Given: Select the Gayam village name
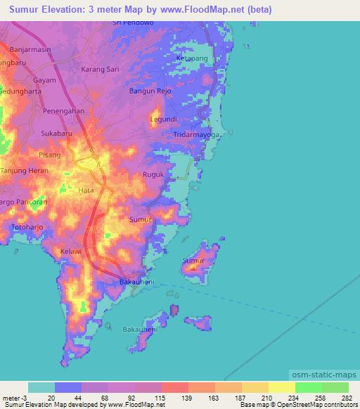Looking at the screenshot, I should [44, 80].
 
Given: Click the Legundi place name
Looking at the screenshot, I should [164, 119].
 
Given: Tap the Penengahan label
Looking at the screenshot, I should [64, 111].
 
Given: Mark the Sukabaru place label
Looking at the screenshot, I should [57, 132].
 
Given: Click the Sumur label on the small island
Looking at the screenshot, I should [193, 261].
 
